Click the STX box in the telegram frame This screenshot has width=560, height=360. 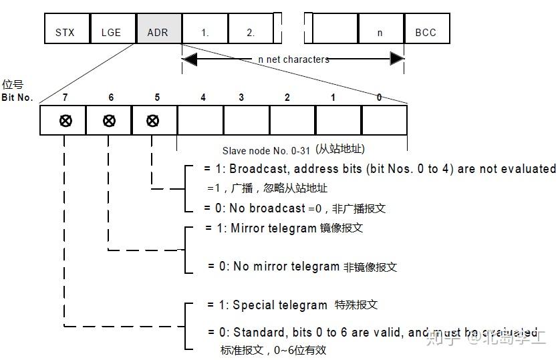click(65, 29)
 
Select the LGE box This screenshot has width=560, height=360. click(112, 29)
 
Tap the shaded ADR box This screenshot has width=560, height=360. click(158, 29)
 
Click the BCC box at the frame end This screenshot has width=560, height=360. click(426, 29)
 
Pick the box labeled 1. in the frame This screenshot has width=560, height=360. click(204, 29)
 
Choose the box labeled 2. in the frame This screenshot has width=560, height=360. click(251, 29)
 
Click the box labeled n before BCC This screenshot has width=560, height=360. click(380, 29)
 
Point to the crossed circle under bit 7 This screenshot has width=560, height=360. click(65, 121)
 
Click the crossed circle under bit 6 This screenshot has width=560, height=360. click(110, 121)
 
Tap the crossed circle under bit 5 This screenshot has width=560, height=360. click(153, 121)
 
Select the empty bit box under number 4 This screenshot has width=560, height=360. click(200, 121)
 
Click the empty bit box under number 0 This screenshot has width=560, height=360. click(384, 121)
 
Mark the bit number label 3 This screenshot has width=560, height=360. click(242, 98)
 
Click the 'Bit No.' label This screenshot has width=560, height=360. click(17, 98)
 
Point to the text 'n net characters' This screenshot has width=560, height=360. click(293, 59)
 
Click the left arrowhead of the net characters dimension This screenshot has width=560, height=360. click(189, 59)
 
